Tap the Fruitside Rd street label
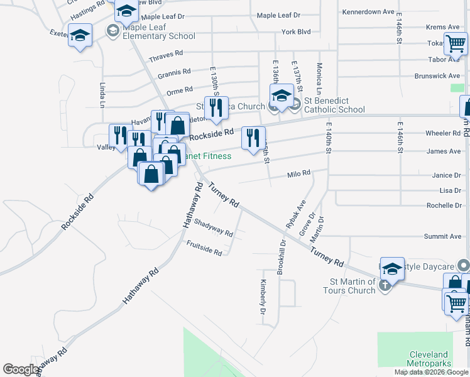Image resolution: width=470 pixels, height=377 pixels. [204, 248]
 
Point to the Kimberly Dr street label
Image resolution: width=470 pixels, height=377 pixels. [263, 297]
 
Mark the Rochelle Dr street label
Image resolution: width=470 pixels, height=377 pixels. [444, 205]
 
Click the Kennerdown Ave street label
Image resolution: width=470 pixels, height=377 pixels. [368, 12]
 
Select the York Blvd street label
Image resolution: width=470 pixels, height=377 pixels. [297, 31]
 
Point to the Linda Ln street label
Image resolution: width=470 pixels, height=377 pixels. [102, 94]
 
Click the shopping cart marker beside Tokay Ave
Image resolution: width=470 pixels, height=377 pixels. [455, 44]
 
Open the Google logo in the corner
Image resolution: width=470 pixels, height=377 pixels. [21, 369]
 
